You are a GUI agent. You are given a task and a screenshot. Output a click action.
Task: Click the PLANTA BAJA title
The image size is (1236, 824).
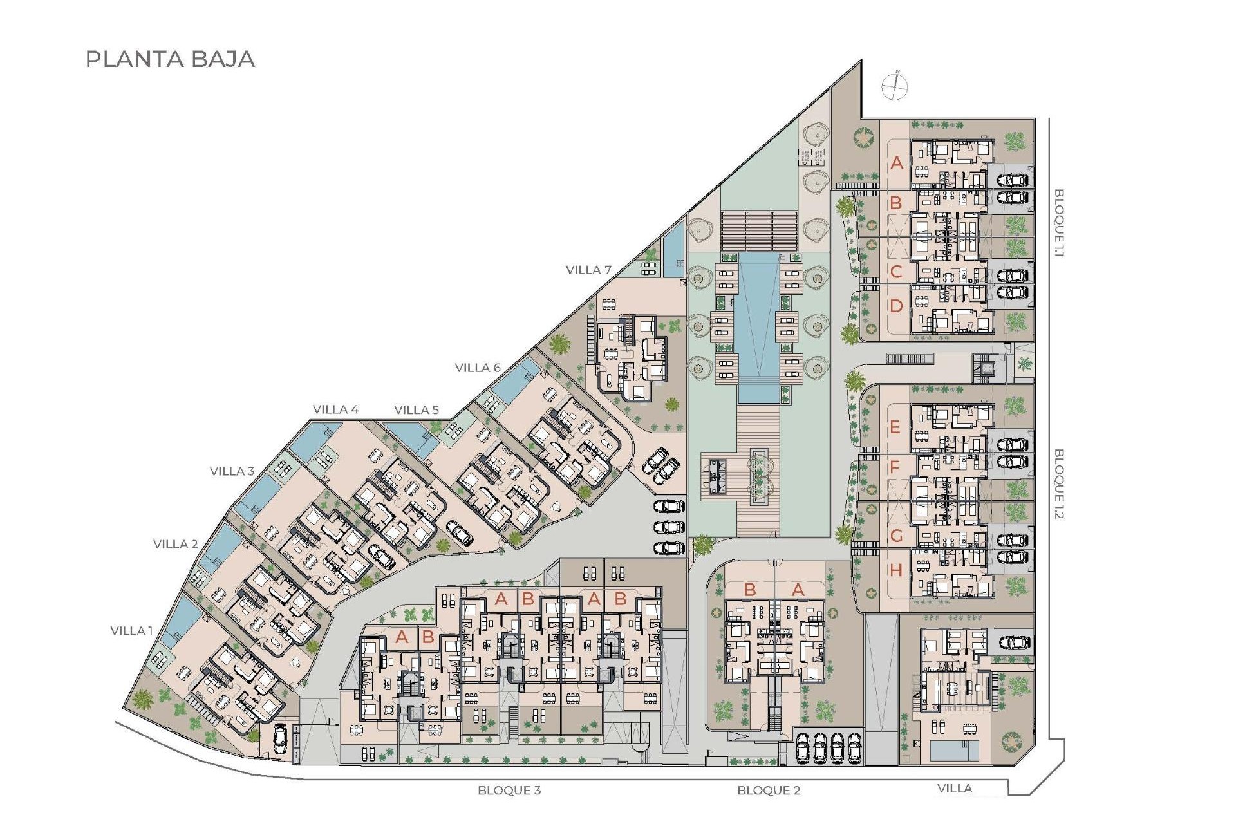tap(170, 59)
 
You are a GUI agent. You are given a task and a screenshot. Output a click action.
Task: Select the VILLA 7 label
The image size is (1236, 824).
tap(588, 270)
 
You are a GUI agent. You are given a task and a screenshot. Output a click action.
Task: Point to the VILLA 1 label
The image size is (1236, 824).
tap(131, 631)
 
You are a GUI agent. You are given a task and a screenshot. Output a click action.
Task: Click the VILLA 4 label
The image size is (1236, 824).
tap(335, 409)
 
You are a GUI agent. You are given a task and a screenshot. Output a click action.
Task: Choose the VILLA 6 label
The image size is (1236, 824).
tap(478, 368)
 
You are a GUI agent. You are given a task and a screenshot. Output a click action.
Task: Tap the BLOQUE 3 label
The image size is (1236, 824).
tap(509, 790)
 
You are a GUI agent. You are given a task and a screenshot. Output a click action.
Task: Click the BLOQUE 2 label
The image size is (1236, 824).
tap(769, 790)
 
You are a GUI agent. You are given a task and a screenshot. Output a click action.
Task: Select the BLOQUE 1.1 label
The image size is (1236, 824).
tap(1059, 222)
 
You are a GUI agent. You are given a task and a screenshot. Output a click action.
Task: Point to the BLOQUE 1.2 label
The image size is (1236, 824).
tap(1059, 483)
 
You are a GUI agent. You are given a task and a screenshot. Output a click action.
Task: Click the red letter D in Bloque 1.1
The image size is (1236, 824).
tap(896, 306)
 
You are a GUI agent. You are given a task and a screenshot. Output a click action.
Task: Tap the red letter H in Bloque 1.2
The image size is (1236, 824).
tap(896, 570)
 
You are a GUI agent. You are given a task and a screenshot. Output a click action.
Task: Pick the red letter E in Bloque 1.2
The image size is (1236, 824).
tap(895, 427)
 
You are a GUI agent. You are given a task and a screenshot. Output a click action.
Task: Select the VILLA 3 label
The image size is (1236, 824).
tap(232, 471)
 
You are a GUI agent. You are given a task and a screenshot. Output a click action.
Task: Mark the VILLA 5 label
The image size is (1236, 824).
tap(417, 409)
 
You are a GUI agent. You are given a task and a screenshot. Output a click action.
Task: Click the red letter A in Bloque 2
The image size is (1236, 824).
tap(798, 590)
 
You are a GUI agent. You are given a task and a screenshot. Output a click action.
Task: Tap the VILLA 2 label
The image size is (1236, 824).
tap(175, 544)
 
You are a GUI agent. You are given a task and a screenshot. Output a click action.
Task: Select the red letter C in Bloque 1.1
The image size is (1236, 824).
tap(895, 272)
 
